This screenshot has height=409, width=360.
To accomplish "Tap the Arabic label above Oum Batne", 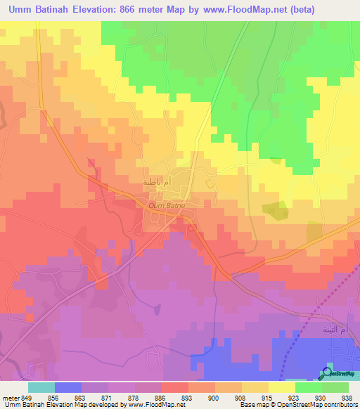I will pyautogui.click(x=156, y=182).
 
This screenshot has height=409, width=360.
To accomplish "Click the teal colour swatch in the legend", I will pyautogui.click(x=41, y=387).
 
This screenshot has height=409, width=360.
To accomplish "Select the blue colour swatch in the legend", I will pyautogui.click(x=68, y=387).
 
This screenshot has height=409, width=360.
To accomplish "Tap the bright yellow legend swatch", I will pyautogui.click(x=281, y=387).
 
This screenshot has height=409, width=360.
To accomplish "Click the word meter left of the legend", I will pyautogui.click(x=11, y=397).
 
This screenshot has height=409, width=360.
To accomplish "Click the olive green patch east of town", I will pyautogui.click(x=274, y=209).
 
